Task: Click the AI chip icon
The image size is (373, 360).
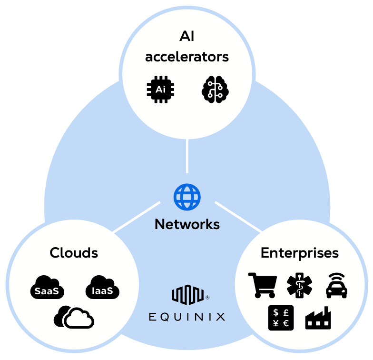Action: pos(160,89)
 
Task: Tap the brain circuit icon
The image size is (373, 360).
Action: pos(215,89)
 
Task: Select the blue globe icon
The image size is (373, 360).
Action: pos(187,196)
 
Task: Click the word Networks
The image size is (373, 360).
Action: pos(187,224)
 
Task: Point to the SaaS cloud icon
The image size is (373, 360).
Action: pos(47,287)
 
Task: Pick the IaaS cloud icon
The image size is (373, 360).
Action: pos(102,287)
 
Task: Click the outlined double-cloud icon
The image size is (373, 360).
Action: pos(74,317)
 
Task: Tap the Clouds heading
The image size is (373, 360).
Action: pos(74,252)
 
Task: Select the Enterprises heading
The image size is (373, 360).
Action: pos(300,252)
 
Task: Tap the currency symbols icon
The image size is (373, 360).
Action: pos(281,318)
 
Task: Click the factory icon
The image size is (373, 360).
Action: pos(318,319)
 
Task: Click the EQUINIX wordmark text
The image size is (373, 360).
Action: pos(187,317)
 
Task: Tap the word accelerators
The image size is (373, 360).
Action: pos(187,57)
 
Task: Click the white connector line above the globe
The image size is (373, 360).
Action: pos(187,156)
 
